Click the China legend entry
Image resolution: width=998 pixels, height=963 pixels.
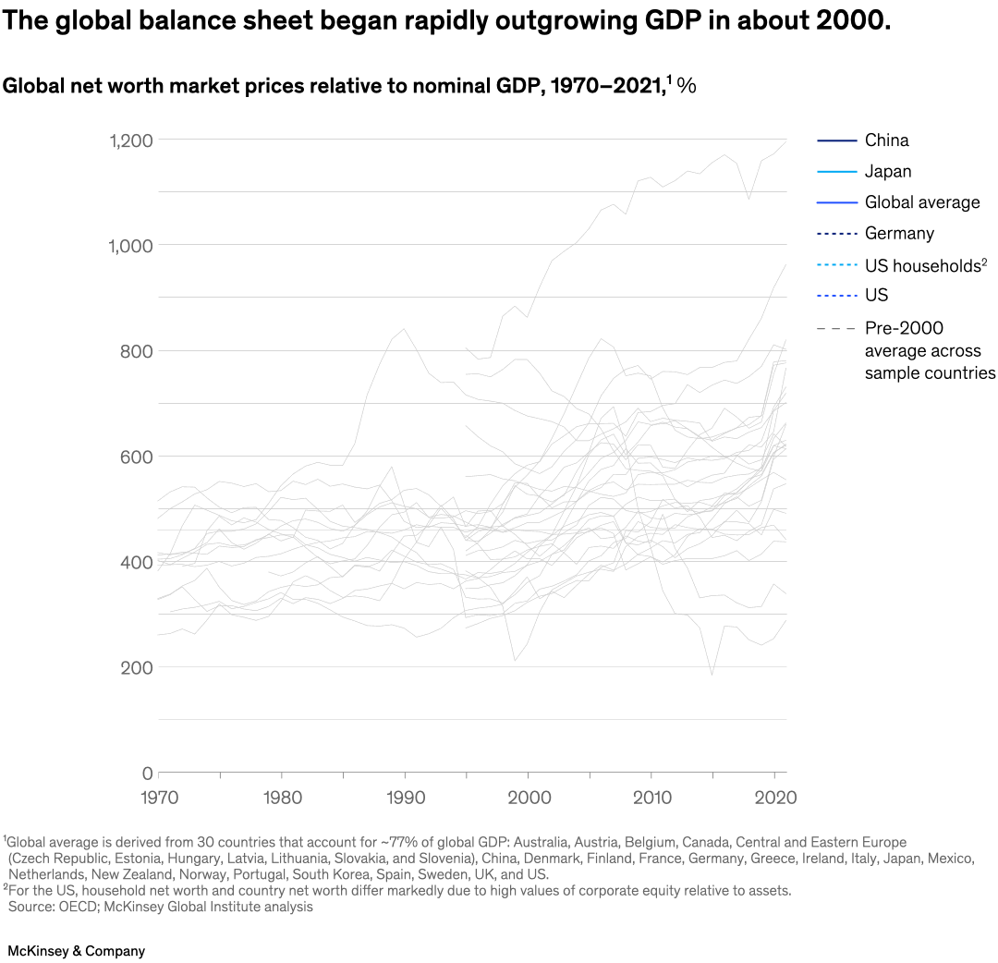click(x=886, y=140)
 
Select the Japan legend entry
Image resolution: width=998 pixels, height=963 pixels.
click(x=888, y=171)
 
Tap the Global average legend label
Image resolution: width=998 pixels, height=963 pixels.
click(x=922, y=202)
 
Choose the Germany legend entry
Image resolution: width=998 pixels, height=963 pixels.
click(x=899, y=233)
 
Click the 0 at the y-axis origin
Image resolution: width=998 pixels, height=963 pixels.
click(x=146, y=773)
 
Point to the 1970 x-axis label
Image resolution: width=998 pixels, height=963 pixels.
click(x=159, y=796)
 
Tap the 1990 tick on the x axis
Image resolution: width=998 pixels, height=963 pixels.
click(x=404, y=796)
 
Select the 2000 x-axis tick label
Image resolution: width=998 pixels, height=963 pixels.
click(x=528, y=796)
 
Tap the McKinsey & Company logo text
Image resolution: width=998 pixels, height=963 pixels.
click(x=76, y=950)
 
